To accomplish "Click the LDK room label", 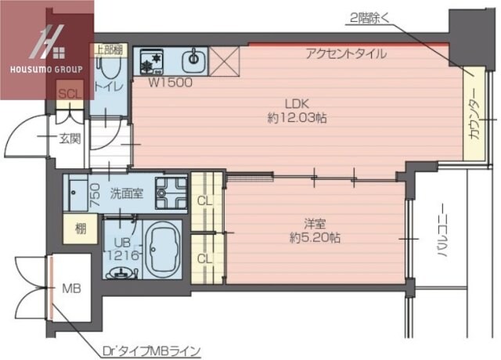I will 297,103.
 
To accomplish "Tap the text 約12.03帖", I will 297,117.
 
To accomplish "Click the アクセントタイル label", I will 345,54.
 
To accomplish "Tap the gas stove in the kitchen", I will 151,59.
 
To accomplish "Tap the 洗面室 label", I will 125,192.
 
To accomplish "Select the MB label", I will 71,288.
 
